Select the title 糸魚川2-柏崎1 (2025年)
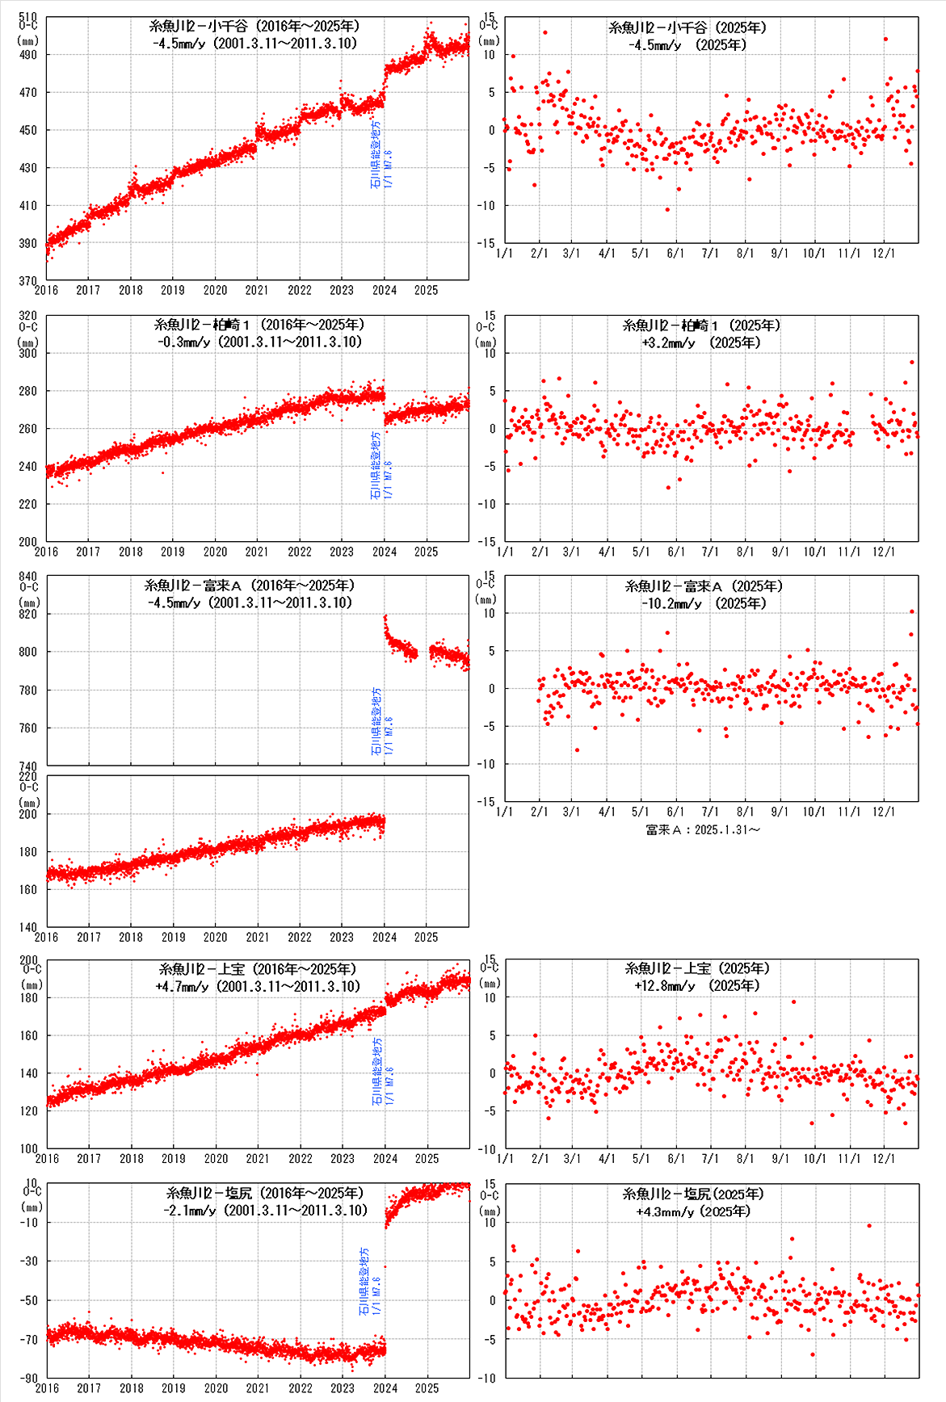point(701,325)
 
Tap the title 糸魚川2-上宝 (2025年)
point(697,968)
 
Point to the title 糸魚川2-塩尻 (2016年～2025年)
point(265,1193)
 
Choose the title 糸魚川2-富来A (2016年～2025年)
point(250,586)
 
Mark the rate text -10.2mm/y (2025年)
point(694,603)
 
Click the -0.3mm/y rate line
point(259,342)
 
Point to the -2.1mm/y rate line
point(265,1211)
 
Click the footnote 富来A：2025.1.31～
point(703,829)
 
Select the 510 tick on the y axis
point(28,17)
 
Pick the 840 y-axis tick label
point(28,576)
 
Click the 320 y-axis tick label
point(28,316)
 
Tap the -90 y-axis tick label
point(30,1379)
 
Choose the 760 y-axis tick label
point(28,728)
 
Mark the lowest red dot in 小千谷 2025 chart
point(667,210)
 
